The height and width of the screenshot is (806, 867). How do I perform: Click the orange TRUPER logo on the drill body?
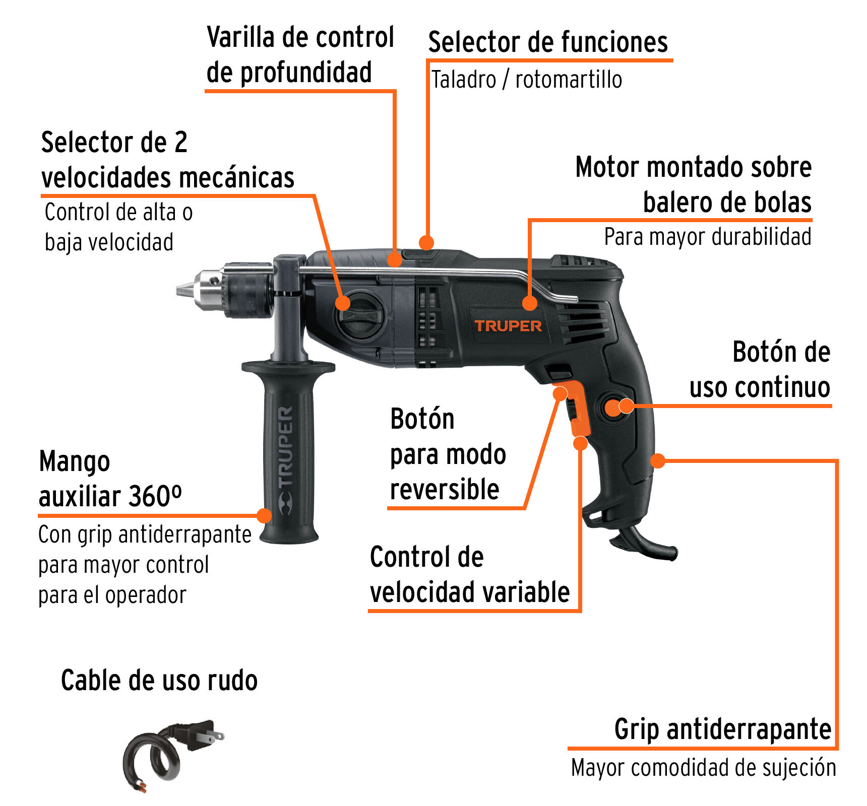coord(508,326)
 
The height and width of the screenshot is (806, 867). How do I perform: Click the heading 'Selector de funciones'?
coord(548,42)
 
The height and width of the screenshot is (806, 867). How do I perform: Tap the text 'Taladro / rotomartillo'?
coord(526,80)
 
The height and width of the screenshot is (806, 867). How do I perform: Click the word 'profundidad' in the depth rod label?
coord(306,72)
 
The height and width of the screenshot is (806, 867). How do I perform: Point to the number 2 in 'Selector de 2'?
coord(181,142)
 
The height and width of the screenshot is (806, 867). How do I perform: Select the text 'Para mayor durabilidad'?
coord(708,237)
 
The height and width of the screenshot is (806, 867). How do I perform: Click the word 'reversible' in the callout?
coord(445,489)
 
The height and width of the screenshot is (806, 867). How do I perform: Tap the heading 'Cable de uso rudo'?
coord(159,680)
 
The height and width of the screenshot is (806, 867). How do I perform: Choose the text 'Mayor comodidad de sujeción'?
coord(704,768)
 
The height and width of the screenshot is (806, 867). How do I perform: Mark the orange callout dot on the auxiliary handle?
coord(264,515)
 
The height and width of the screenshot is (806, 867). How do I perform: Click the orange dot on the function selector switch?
coord(426,242)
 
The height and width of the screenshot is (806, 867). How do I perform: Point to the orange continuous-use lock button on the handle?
coord(613,408)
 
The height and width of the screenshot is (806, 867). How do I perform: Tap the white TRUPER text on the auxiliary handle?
coord(285,446)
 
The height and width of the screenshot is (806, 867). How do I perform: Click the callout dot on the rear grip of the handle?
coord(657,460)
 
